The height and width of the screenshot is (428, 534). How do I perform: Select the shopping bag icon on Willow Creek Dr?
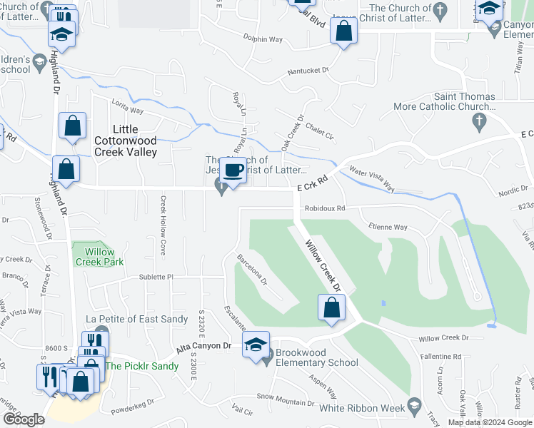tap(331, 308)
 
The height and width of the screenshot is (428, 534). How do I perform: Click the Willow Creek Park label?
tap(100, 257)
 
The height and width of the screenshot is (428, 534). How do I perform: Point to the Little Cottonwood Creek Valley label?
tap(126, 141)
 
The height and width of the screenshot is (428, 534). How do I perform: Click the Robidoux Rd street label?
tap(325, 209)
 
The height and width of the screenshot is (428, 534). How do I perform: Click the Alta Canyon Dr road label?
tap(204, 346)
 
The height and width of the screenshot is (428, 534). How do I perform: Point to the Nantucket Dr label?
tap(308, 71)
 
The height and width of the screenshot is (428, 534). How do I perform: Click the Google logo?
tap(24, 419)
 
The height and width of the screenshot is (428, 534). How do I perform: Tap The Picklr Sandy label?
tap(142, 366)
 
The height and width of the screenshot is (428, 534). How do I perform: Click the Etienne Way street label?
tap(388, 228)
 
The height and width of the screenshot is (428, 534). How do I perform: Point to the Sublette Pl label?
tap(156, 276)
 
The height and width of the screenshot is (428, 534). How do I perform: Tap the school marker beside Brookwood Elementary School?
tap(256, 345)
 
